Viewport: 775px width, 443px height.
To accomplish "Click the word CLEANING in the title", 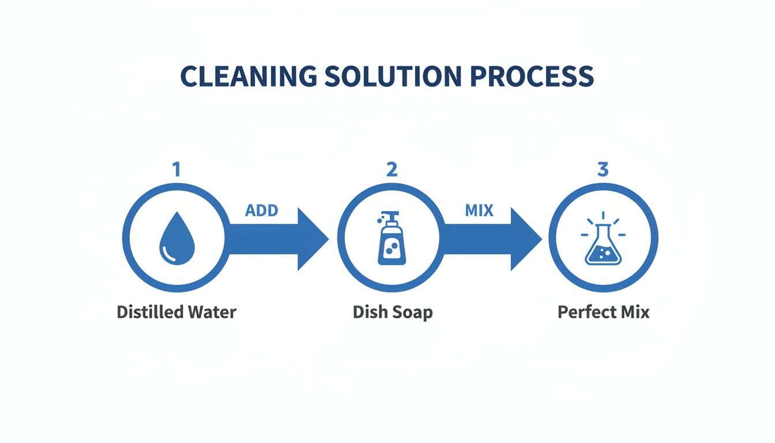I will [x=249, y=76].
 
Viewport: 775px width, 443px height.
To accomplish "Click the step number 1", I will [x=176, y=169].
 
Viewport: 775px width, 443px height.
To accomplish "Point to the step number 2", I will [x=392, y=169].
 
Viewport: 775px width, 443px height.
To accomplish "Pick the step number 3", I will [x=603, y=169].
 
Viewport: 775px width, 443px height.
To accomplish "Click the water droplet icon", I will [x=177, y=239].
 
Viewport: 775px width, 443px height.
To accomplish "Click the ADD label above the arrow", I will [x=262, y=211].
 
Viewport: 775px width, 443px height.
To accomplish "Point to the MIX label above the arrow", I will [x=479, y=211].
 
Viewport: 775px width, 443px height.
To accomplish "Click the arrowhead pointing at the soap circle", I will [x=312, y=239].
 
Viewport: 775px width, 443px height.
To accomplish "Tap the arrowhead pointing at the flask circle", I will [x=525, y=239].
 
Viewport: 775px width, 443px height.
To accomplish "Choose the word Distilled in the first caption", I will [x=150, y=312].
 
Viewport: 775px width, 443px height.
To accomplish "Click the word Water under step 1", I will [x=212, y=312].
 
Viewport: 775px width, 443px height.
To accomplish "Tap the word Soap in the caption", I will [x=411, y=312].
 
